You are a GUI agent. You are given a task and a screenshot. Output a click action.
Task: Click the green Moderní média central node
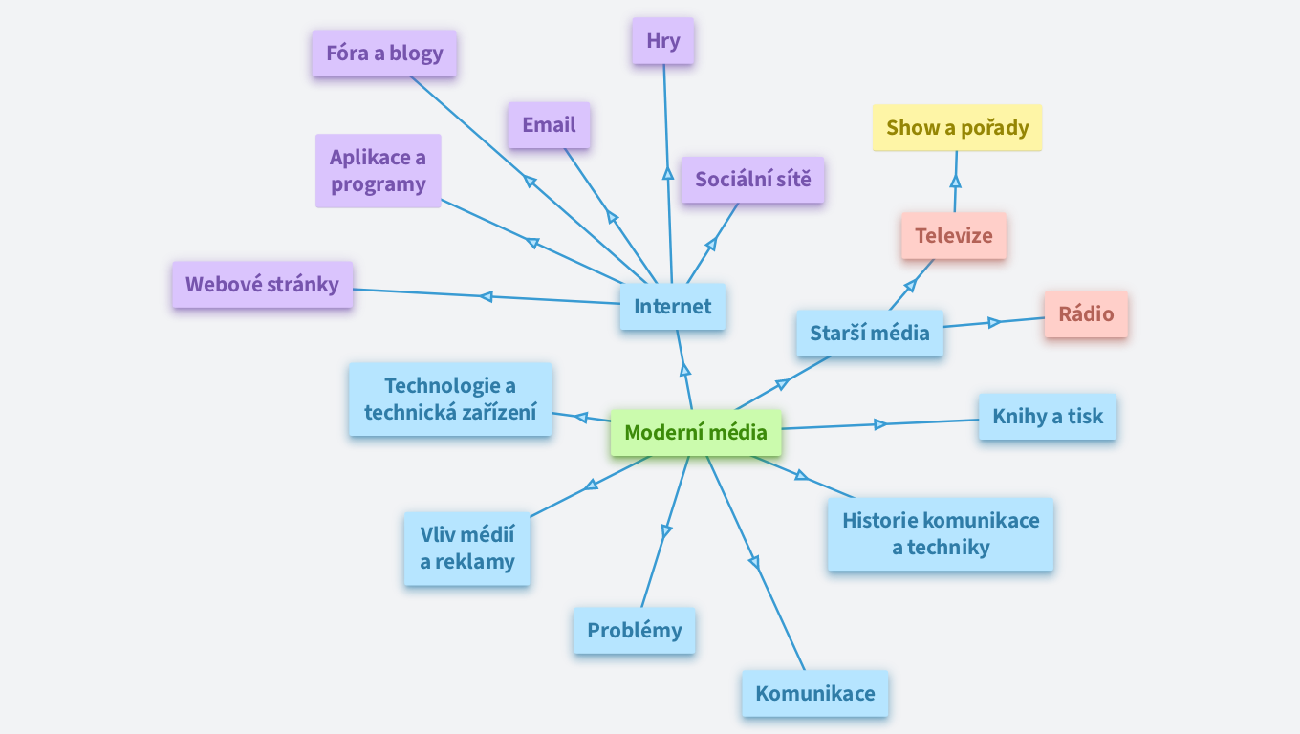[x=696, y=433]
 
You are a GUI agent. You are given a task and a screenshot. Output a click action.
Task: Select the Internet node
[x=673, y=307]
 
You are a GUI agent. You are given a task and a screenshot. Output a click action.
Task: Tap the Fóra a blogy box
[x=384, y=54]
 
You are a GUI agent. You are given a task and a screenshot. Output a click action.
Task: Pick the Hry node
[x=662, y=41]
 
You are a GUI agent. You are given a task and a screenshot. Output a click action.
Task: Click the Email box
[x=549, y=125]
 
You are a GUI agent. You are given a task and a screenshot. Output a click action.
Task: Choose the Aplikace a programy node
[x=379, y=171]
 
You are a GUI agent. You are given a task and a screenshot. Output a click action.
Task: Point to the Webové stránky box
[x=263, y=285]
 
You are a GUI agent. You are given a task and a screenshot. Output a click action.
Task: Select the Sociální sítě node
[x=752, y=180]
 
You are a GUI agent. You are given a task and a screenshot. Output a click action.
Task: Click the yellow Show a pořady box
[x=957, y=128]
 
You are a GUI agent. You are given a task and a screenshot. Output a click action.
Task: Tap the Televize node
[x=953, y=236]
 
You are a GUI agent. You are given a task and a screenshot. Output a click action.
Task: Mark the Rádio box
[x=1086, y=314]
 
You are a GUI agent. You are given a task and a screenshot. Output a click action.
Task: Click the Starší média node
[x=870, y=334]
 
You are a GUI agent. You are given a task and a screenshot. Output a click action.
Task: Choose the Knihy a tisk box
[x=1048, y=417]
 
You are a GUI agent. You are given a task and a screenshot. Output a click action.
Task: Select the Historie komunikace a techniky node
[x=941, y=534]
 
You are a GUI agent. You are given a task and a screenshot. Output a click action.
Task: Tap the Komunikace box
[x=815, y=694]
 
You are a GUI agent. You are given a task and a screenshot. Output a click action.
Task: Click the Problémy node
[x=635, y=631]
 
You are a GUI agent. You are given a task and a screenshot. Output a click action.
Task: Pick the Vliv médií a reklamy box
[x=467, y=549]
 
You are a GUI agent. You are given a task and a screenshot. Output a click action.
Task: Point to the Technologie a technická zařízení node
[x=450, y=399]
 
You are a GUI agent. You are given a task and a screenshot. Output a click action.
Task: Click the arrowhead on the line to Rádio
[x=994, y=322]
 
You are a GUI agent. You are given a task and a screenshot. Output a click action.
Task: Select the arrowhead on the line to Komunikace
[x=754, y=562]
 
